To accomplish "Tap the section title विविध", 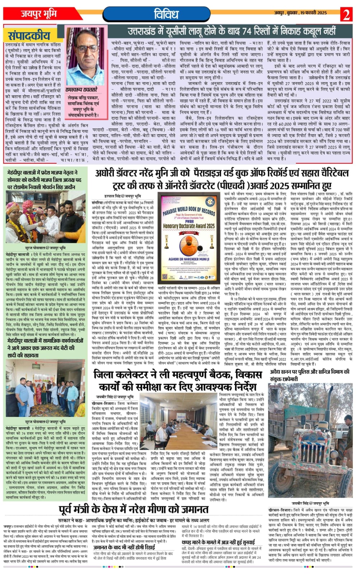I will tap(166, 14).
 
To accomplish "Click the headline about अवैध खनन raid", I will tap(309, 375).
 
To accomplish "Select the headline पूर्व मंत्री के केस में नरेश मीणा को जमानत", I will tap(134, 509).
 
